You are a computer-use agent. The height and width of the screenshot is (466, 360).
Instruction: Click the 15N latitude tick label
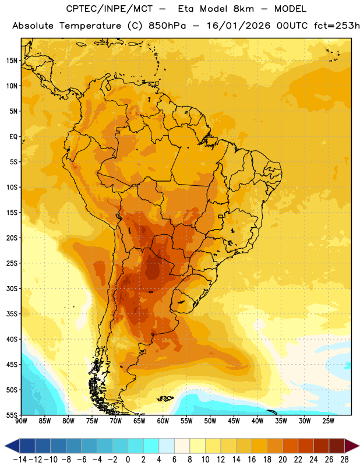[x=12, y=61]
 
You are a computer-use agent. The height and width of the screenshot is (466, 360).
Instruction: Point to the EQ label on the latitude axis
[x=13, y=137]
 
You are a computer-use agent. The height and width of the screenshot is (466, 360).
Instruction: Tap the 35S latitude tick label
[x=12, y=314]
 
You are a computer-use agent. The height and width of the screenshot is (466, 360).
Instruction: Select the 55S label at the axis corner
[x=12, y=415]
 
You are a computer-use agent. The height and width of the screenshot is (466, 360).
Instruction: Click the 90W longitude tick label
[x=21, y=421]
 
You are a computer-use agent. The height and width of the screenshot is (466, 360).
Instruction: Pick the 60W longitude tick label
[x=163, y=421]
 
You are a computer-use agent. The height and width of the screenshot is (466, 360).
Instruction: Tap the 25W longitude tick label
[x=328, y=421]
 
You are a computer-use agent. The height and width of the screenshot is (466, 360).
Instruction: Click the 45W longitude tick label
[x=234, y=421]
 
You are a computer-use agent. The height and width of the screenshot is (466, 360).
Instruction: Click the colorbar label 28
[x=344, y=460]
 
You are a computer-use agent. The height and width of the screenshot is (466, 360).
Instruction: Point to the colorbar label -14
[x=20, y=460]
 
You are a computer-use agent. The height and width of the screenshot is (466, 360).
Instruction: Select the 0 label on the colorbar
[x=128, y=460]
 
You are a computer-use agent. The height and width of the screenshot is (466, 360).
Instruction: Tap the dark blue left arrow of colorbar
[x=12, y=446]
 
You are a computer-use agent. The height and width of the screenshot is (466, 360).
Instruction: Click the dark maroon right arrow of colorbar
[x=352, y=446]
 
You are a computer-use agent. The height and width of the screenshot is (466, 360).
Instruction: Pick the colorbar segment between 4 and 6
[x=167, y=446]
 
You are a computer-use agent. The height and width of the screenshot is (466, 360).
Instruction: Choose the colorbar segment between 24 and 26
[x=322, y=446]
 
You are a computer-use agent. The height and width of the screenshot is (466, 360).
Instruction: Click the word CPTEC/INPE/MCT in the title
[x=110, y=9]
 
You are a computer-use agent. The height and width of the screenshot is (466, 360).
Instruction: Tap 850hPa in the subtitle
[x=167, y=26]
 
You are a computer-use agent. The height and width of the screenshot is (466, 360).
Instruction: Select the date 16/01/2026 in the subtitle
[x=239, y=26]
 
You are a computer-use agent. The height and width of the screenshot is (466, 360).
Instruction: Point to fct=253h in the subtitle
[x=337, y=26]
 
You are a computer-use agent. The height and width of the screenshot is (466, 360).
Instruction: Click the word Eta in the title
[x=186, y=9]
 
